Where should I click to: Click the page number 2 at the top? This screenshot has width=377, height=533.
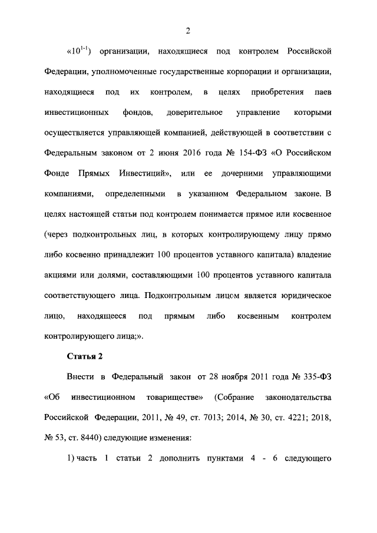point(187,31)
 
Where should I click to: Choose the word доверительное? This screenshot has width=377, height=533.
point(194,112)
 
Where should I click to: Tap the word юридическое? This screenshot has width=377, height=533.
point(303,296)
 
